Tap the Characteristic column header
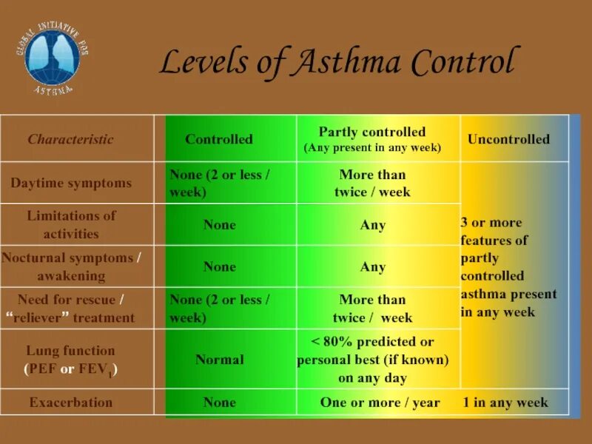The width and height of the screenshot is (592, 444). point(71,139)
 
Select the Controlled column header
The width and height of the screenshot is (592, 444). point(219,139)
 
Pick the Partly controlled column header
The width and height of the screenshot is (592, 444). point(372,139)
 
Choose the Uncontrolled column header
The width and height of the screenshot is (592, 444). point(508,139)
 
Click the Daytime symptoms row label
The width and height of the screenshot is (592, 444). point(71,183)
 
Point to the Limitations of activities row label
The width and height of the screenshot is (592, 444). point(72,225)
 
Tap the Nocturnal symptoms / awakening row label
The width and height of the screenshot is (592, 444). point(72,266)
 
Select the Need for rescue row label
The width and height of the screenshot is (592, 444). point(72,309)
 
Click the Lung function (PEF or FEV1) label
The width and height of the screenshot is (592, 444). point(71,360)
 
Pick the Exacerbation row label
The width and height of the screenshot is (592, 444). point(71,403)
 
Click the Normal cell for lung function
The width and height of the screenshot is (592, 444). point(220,360)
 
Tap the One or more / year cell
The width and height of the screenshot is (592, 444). point(380,403)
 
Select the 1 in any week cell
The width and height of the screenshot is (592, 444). point(505,403)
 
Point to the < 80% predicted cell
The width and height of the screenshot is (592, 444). point(373,360)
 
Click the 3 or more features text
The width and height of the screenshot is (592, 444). point(508,267)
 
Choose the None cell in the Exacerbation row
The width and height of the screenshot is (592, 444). point(220,403)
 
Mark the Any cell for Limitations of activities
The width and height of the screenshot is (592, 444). point(373,225)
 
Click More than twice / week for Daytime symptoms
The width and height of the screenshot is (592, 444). point(373,183)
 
